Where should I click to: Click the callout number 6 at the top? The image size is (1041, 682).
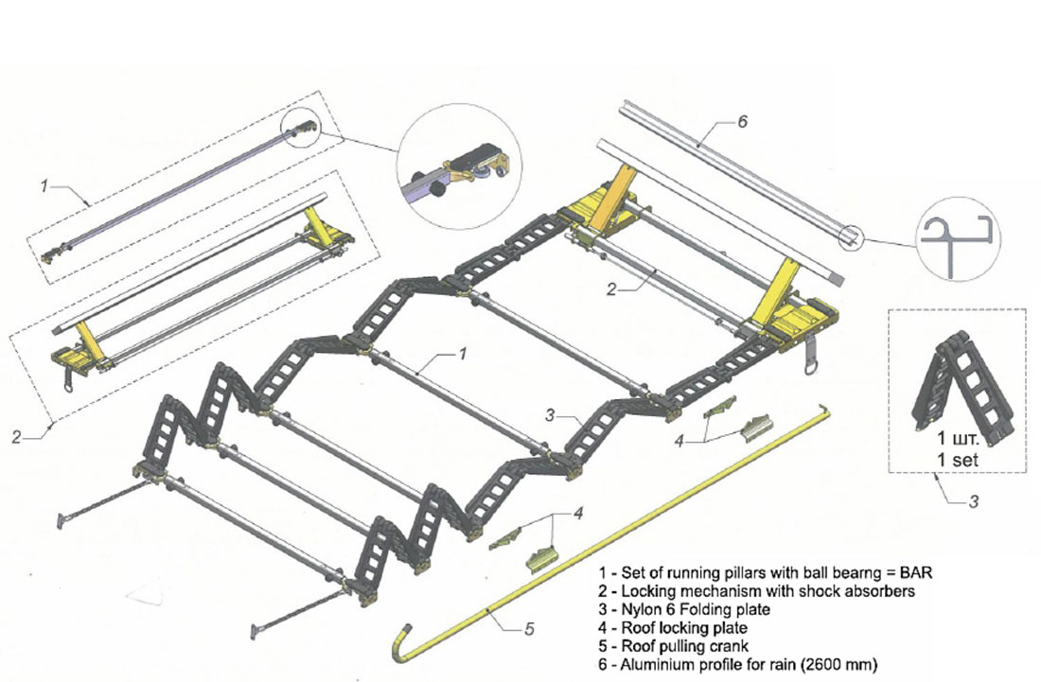point(743,123)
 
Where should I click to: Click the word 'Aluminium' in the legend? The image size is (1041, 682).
point(660,663)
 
